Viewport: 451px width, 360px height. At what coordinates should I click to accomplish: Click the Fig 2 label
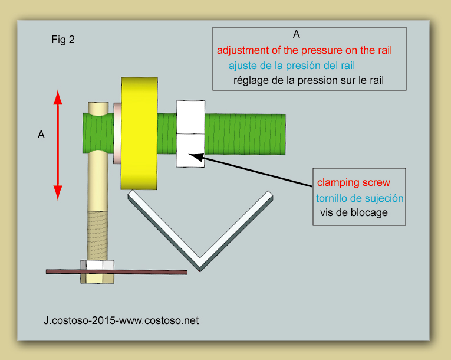[63, 40]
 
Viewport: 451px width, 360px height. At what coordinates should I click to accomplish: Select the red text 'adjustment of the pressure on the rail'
[304, 50]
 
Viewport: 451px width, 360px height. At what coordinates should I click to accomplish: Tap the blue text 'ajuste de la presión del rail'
[292, 66]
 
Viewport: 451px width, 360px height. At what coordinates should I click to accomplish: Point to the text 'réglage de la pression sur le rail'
[308, 80]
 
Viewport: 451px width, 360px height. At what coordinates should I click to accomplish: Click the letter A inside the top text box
[297, 35]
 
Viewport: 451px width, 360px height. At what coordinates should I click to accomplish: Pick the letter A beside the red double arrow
[41, 135]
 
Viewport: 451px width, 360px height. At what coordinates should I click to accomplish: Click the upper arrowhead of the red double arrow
[58, 97]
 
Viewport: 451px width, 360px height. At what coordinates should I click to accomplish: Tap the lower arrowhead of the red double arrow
[58, 193]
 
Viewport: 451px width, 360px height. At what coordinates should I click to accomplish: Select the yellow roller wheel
[139, 133]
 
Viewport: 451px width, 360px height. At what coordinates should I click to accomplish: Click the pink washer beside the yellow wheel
[117, 133]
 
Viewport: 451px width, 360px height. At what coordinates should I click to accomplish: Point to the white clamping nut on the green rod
[190, 133]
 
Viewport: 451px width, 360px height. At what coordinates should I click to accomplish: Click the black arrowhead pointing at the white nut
[196, 156]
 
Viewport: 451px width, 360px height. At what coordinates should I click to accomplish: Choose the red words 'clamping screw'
[354, 182]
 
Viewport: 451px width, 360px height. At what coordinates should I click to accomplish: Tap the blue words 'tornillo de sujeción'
[360, 198]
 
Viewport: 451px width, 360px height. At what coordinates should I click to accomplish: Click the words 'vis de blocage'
[354, 213]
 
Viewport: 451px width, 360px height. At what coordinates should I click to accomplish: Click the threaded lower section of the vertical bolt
[97, 235]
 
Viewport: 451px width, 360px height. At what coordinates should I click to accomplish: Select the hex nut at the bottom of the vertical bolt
[97, 272]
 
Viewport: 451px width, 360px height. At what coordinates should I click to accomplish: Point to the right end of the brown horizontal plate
[186, 273]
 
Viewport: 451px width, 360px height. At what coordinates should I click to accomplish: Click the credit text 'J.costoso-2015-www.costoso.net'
[121, 320]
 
